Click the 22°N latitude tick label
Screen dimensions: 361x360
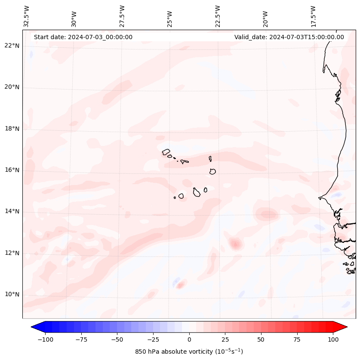tap(12, 46)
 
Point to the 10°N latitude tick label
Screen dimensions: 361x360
tap(12, 294)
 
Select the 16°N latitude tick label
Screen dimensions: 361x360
tap(12, 170)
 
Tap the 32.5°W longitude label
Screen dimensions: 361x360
tap(27, 16)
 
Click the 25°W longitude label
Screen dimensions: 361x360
tap(170, 16)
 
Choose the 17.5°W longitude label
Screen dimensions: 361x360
tap(313, 16)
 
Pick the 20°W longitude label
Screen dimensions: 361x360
tap(265, 16)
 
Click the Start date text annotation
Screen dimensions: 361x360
tap(83, 37)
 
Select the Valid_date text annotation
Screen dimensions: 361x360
tap(289, 37)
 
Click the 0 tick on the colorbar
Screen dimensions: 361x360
tap(189, 339)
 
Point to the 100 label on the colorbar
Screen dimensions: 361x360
tap(332, 339)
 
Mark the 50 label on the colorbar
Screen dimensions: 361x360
tap(261, 339)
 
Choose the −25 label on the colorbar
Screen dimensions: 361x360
tap(153, 339)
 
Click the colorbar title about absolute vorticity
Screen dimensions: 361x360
tap(189, 352)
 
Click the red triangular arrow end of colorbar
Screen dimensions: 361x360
tap(340, 327)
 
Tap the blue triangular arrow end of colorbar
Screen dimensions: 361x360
tap(37, 327)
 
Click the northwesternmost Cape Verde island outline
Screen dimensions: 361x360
tap(166, 152)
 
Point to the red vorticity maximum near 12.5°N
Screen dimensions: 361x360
tap(235, 244)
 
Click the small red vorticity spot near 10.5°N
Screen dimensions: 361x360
tap(181, 284)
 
